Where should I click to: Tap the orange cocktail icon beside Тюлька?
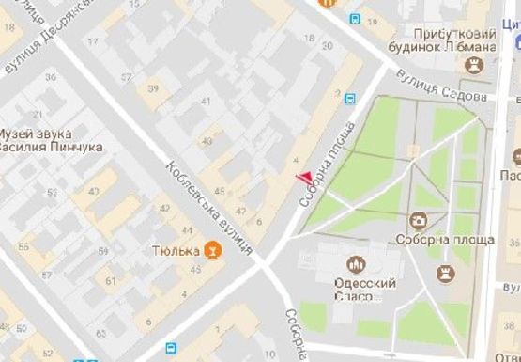[x=215, y=252]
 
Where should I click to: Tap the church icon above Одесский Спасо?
[x=356, y=264]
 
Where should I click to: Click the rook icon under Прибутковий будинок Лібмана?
[x=472, y=65]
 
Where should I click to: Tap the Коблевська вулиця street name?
[x=209, y=208]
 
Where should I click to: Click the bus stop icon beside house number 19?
[x=355, y=18]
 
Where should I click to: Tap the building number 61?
[x=110, y=280]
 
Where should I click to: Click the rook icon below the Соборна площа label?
[x=444, y=272]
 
